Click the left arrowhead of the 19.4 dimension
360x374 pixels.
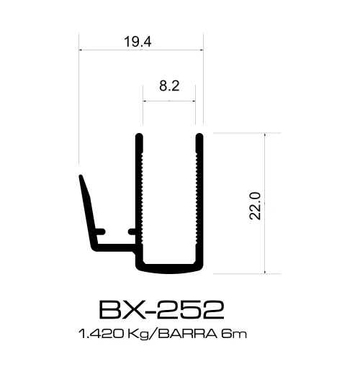(x=81, y=50)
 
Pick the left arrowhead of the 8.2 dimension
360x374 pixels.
(x=146, y=101)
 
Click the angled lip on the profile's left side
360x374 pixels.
(x=86, y=209)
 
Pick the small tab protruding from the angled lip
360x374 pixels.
(x=102, y=232)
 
